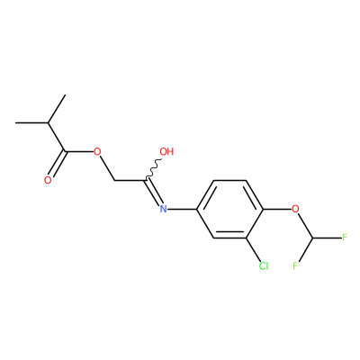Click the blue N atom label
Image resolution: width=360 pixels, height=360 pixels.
point(163,209)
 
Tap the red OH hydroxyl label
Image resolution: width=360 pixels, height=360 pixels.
point(166,151)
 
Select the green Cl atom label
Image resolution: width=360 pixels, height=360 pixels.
point(264,265)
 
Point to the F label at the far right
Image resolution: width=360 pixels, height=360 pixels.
point(345,238)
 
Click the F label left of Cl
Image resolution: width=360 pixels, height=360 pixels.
point(295,265)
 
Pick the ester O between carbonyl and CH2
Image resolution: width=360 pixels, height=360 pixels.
point(97,151)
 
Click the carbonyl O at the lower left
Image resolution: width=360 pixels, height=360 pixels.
point(48,180)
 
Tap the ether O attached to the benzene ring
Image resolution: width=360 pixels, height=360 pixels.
point(295,209)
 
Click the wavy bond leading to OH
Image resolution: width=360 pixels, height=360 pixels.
point(154,169)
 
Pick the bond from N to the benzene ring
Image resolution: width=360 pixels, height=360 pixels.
point(183,209)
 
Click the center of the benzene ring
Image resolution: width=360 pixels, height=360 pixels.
point(229,209)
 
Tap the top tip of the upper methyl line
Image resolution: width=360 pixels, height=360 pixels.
point(65,94)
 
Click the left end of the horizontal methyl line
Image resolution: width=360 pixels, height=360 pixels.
point(16,122)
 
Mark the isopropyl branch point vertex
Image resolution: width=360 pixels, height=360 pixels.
point(49,122)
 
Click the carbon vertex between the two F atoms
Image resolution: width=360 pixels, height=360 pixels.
point(312,238)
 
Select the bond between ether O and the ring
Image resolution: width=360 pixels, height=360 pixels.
point(277,209)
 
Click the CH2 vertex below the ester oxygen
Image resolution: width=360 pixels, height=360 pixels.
point(114,181)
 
